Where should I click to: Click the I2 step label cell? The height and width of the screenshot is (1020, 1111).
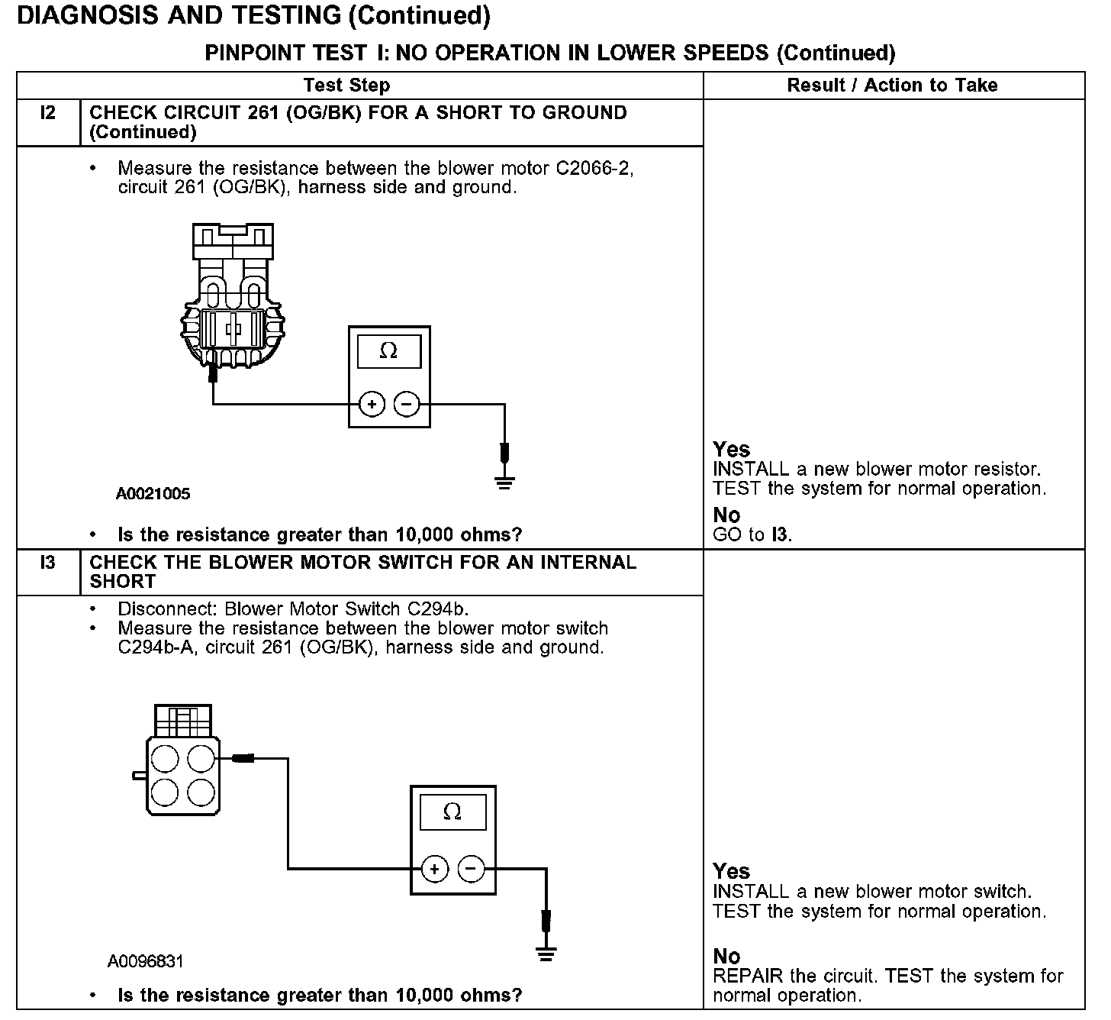tap(47, 114)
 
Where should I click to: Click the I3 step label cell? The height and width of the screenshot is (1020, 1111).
tap(47, 563)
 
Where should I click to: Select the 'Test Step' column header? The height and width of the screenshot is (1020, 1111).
tap(346, 86)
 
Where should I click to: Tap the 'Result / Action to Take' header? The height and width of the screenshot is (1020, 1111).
tap(892, 86)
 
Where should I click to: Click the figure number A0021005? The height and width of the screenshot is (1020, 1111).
tap(153, 494)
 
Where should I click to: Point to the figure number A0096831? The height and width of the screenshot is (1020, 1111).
tap(146, 961)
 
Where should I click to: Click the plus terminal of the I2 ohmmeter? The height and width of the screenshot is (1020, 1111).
tap(372, 405)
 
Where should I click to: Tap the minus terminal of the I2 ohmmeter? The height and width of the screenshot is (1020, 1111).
tap(407, 405)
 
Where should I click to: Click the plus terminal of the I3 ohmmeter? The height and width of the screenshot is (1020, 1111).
tap(434, 869)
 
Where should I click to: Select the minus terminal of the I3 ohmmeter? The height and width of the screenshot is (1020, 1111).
tap(471, 869)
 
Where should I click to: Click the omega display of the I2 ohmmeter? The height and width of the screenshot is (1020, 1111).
tap(388, 351)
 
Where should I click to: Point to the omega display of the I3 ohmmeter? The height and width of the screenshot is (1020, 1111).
tap(452, 812)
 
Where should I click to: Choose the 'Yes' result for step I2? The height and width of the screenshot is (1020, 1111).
tap(731, 449)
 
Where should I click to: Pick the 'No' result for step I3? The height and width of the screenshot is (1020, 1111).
tap(726, 956)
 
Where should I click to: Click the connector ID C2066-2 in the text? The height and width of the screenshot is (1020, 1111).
tap(594, 169)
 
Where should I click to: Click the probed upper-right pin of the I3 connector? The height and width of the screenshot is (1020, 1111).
tap(201, 759)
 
